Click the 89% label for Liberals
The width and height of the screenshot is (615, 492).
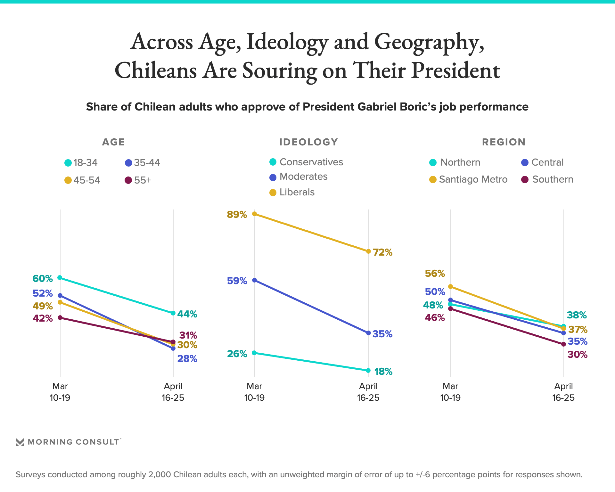click(237, 214)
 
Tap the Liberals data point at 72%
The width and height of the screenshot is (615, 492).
click(368, 251)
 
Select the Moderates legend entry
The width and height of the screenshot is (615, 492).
click(299, 177)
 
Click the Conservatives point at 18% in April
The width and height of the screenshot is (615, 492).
click(368, 371)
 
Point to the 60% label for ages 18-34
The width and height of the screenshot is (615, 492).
click(43, 278)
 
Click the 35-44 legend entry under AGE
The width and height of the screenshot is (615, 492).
click(143, 163)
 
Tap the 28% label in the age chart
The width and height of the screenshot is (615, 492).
click(187, 358)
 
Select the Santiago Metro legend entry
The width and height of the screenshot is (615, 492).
click(468, 179)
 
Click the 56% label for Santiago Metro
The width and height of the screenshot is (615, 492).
click(435, 273)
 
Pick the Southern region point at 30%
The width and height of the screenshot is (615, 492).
click(564, 344)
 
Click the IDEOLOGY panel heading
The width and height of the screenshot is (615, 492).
click(308, 142)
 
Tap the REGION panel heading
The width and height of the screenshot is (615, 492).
click(504, 142)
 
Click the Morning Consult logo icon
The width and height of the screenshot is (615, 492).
click(20, 442)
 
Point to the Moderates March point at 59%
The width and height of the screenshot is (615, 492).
click(255, 280)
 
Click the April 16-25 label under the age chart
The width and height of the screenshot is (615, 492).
click(173, 392)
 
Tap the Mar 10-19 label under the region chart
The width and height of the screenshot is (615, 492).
click(450, 392)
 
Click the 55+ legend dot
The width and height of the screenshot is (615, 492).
click(128, 180)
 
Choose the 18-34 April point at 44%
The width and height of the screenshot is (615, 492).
click(173, 313)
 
